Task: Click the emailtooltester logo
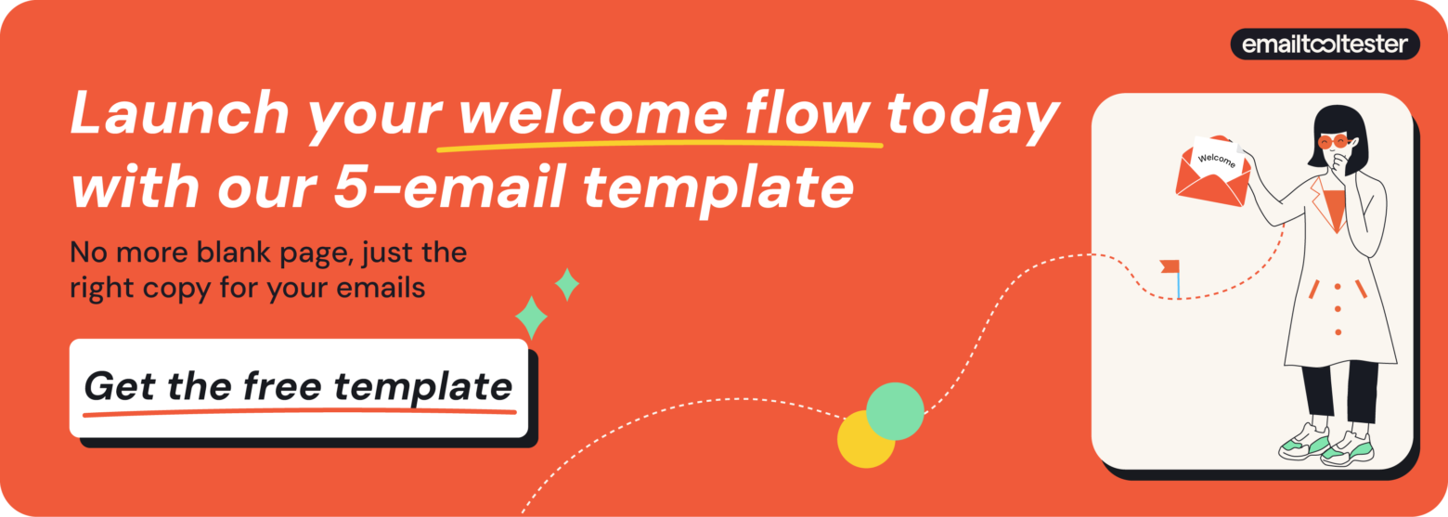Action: [x=1325, y=44]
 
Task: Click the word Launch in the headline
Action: [x=179, y=115]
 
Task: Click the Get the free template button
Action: [x=299, y=387]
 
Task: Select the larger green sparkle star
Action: [x=531, y=317]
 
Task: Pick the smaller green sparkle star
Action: [x=567, y=284]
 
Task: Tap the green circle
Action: [x=896, y=410]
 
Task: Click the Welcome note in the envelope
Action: [x=1217, y=155]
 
